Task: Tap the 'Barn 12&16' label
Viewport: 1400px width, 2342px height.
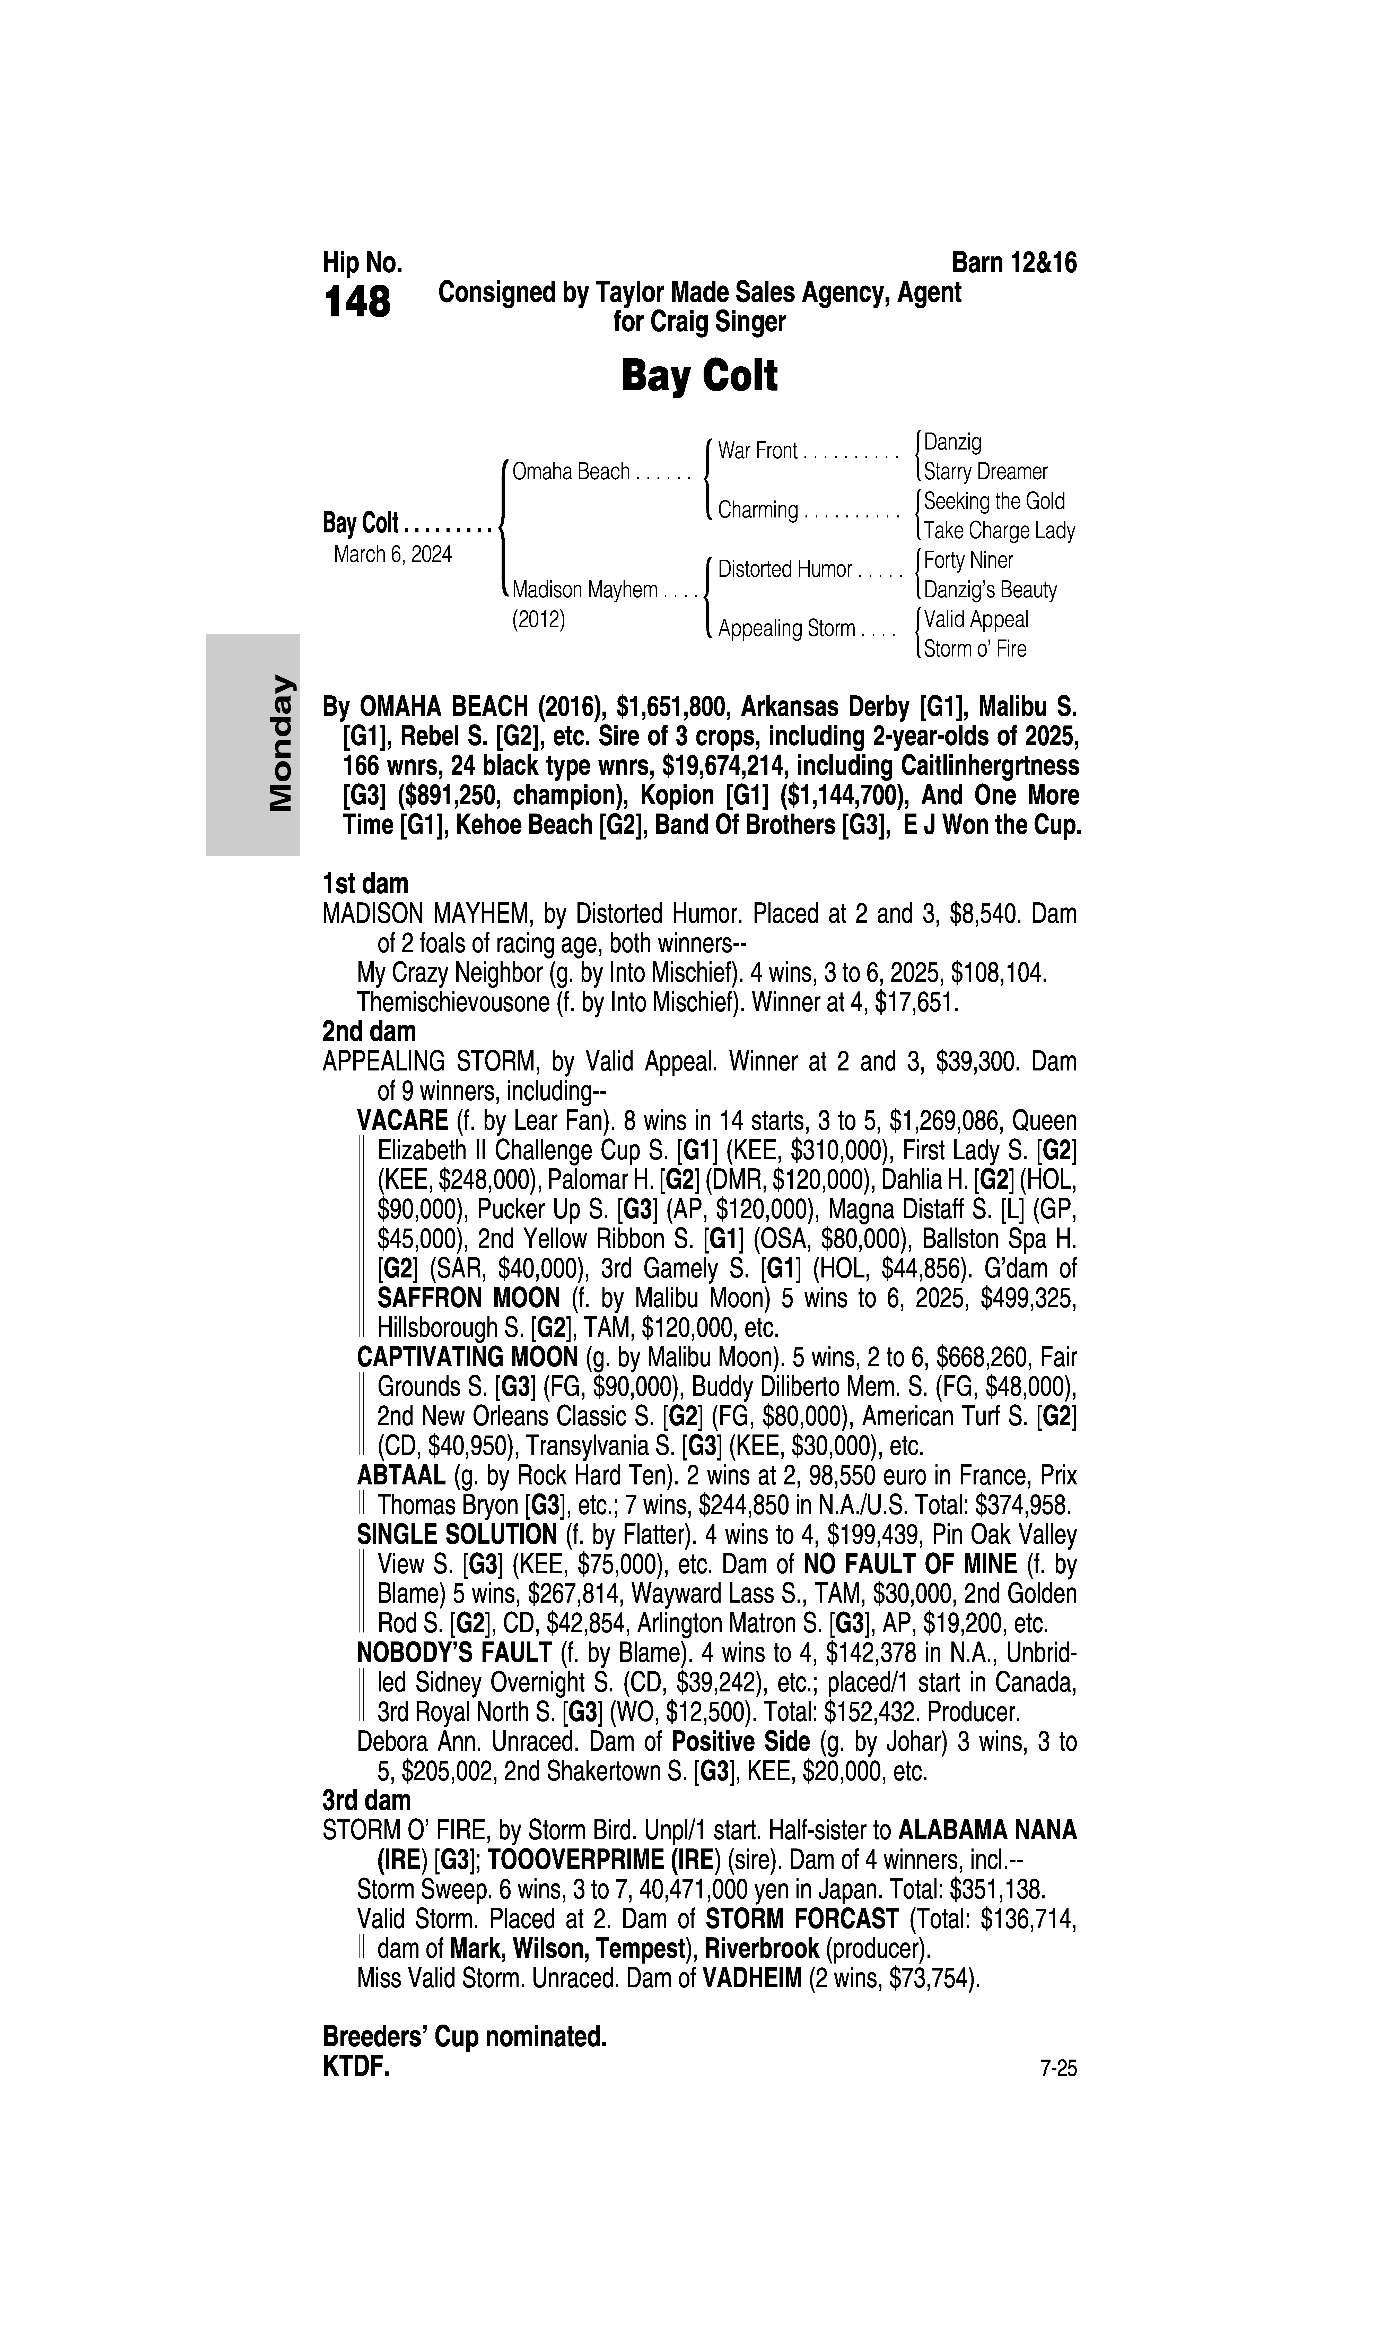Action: click(x=1014, y=262)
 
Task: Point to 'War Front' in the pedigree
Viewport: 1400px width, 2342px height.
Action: click(x=758, y=451)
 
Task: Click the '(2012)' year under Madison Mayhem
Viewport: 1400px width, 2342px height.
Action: click(x=538, y=620)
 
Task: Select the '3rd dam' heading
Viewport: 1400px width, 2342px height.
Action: click(x=367, y=1800)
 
